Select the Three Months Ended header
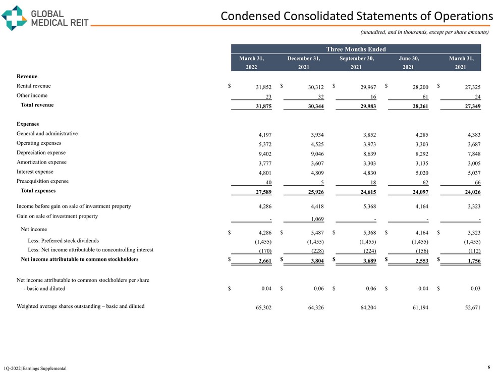coord(356,49)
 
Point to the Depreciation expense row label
coord(41,152)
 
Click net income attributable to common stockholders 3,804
coord(315,260)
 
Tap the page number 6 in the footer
coord(489,367)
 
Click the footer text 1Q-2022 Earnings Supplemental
coord(35,369)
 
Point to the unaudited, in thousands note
coord(424,32)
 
